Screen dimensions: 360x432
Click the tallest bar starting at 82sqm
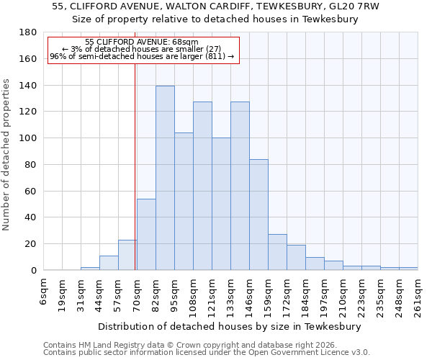(165, 178)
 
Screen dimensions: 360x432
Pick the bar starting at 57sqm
(127, 255)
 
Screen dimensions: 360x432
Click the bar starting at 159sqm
(277, 252)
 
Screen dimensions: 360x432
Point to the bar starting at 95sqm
(184, 201)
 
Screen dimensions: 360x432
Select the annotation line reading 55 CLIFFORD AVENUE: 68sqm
(141, 42)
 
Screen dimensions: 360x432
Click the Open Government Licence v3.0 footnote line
(206, 352)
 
